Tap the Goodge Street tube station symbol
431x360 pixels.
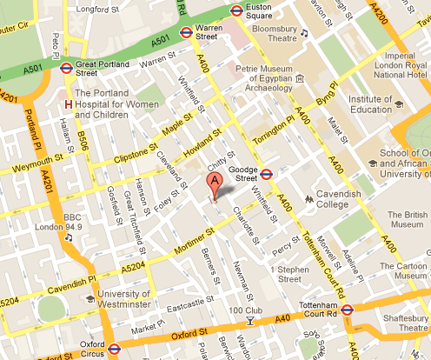tap(268, 172)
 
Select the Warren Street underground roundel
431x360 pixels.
tap(186, 33)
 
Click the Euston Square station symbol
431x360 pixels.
tap(235, 10)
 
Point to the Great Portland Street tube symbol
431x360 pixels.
tap(66, 65)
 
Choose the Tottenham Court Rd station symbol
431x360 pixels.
tap(347, 309)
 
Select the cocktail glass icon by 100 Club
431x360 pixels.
tap(250, 322)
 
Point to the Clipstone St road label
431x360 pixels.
tap(137, 158)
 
